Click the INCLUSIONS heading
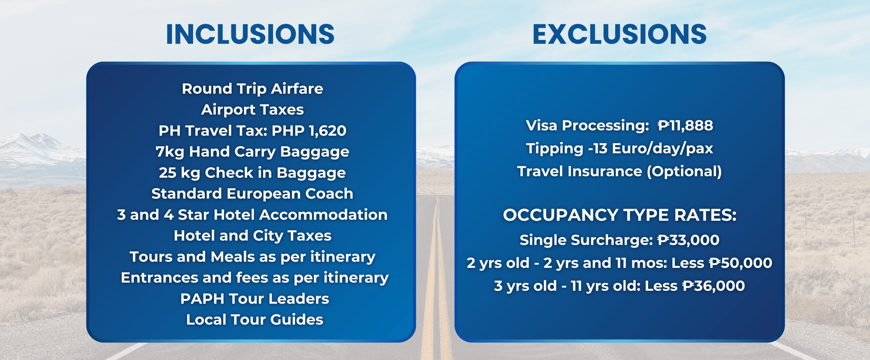tap(250, 34)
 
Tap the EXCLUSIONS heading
tap(619, 34)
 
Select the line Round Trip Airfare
tap(252, 89)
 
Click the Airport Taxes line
tap(252, 110)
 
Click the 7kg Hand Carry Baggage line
tap(252, 152)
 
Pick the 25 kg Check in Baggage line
tap(252, 173)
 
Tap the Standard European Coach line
tap(252, 193)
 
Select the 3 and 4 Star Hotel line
tap(252, 214)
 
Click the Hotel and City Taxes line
tap(252, 236)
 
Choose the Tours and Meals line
tap(252, 257)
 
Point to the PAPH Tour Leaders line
tap(254, 299)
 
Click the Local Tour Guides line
tap(254, 320)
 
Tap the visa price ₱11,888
tap(685, 126)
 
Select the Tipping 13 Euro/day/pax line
tap(619, 149)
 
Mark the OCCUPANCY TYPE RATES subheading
tap(619, 215)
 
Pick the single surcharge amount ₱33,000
tap(688, 240)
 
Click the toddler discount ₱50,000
tap(740, 263)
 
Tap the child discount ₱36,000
tap(713, 286)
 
